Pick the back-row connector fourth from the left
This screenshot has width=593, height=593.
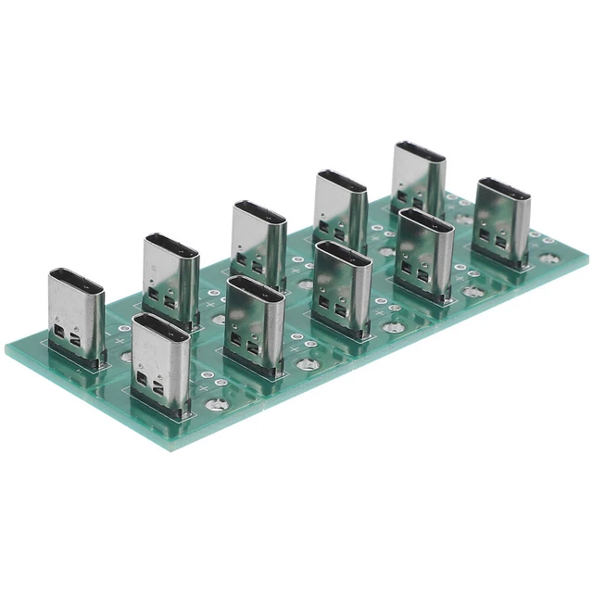[340, 208]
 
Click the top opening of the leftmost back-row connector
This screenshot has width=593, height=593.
[76, 277]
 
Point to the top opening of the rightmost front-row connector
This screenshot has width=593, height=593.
[503, 187]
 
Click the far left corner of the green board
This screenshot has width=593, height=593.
[6, 347]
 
